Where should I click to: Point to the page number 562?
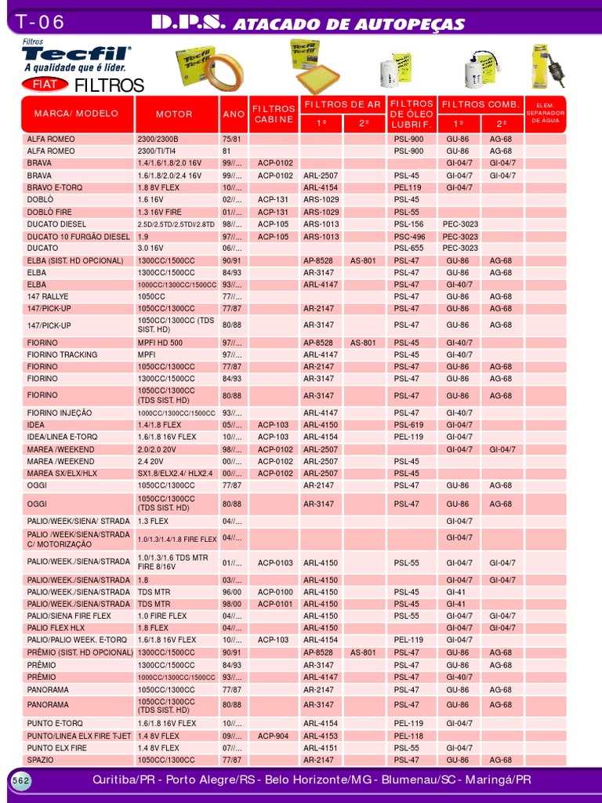[20, 780]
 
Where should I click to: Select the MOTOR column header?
[174, 114]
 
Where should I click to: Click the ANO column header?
[234, 114]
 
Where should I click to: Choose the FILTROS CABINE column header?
[274, 114]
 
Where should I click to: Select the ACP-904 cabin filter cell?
[274, 736]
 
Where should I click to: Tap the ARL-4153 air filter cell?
[321, 736]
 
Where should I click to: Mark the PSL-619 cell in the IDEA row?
[408, 424]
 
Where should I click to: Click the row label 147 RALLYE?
[47, 296]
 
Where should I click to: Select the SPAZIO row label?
[40, 760]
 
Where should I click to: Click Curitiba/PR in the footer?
[124, 780]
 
